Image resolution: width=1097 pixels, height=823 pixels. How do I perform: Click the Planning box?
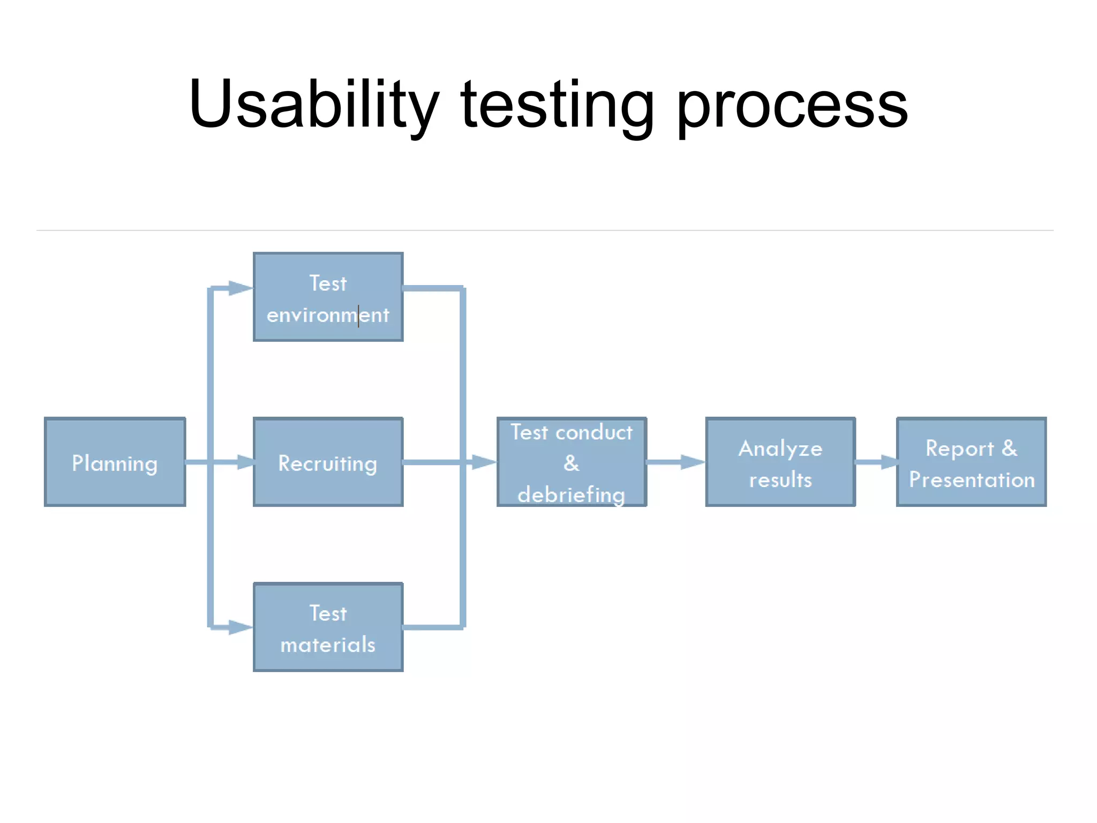(115, 462)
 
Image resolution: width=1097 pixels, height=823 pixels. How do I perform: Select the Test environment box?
(328, 297)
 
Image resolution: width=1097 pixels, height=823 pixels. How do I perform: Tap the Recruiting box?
(328, 462)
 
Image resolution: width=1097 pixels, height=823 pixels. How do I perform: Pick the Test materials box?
(328, 627)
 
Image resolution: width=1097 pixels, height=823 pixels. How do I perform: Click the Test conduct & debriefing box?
(572, 462)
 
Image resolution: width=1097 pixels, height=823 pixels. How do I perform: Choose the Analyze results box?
(780, 462)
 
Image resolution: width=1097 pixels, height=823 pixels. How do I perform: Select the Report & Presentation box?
(971, 462)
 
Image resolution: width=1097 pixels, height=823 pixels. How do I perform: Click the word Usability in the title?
(313, 104)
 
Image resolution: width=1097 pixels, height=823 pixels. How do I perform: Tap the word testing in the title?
(557, 104)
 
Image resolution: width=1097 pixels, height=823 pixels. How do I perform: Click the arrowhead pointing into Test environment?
(240, 288)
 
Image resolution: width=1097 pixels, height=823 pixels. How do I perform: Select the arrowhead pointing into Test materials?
(240, 627)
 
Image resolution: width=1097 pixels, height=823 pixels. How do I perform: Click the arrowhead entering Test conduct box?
(483, 462)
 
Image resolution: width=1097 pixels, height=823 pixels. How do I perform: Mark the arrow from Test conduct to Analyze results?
(676, 462)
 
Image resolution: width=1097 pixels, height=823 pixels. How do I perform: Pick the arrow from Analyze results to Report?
(876, 462)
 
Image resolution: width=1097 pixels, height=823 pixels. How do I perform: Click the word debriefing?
(571, 495)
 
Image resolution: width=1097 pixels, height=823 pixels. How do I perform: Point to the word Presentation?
(972, 480)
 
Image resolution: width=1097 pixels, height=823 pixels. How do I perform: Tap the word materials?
(328, 645)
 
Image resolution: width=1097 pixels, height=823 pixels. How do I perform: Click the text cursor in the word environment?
(358, 316)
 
